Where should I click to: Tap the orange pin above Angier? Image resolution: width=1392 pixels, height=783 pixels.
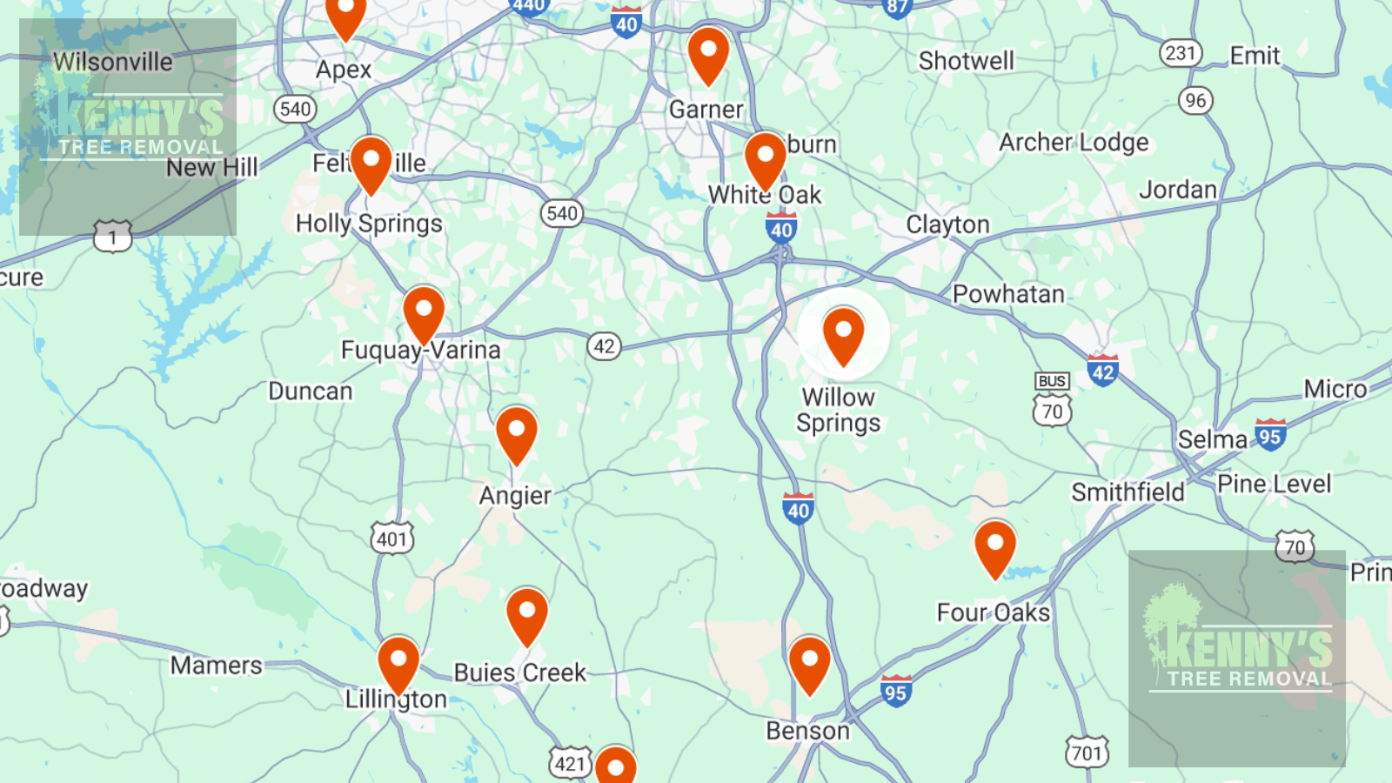(517, 432)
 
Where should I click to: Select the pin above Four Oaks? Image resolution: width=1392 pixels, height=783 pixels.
(995, 546)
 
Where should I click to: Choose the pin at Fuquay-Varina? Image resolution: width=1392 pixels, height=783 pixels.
(424, 311)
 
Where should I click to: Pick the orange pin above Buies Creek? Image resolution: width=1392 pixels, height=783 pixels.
(527, 614)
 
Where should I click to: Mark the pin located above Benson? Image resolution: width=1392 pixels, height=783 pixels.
(809, 663)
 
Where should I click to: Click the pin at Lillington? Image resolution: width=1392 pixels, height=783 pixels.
(398, 663)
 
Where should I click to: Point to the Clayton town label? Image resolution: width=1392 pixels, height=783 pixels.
(947, 224)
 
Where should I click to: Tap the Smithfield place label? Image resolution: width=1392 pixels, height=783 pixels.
(1128, 492)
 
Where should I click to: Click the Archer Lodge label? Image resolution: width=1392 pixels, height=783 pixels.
(1074, 142)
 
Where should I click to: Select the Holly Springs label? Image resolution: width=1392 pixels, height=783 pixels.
(369, 224)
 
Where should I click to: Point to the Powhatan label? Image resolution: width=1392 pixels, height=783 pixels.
(1008, 294)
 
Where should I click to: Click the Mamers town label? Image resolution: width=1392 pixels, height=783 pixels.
(216, 666)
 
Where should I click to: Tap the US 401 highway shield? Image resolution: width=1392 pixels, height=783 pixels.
(392, 539)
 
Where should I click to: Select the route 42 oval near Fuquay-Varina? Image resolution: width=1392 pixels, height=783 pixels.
(604, 346)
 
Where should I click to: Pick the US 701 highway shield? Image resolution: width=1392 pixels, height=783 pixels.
(1087, 752)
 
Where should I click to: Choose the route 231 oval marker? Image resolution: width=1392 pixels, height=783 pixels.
(1181, 53)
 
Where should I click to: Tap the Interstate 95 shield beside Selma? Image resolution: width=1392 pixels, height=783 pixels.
(1270, 436)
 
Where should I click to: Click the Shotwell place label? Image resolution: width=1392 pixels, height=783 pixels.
(966, 61)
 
